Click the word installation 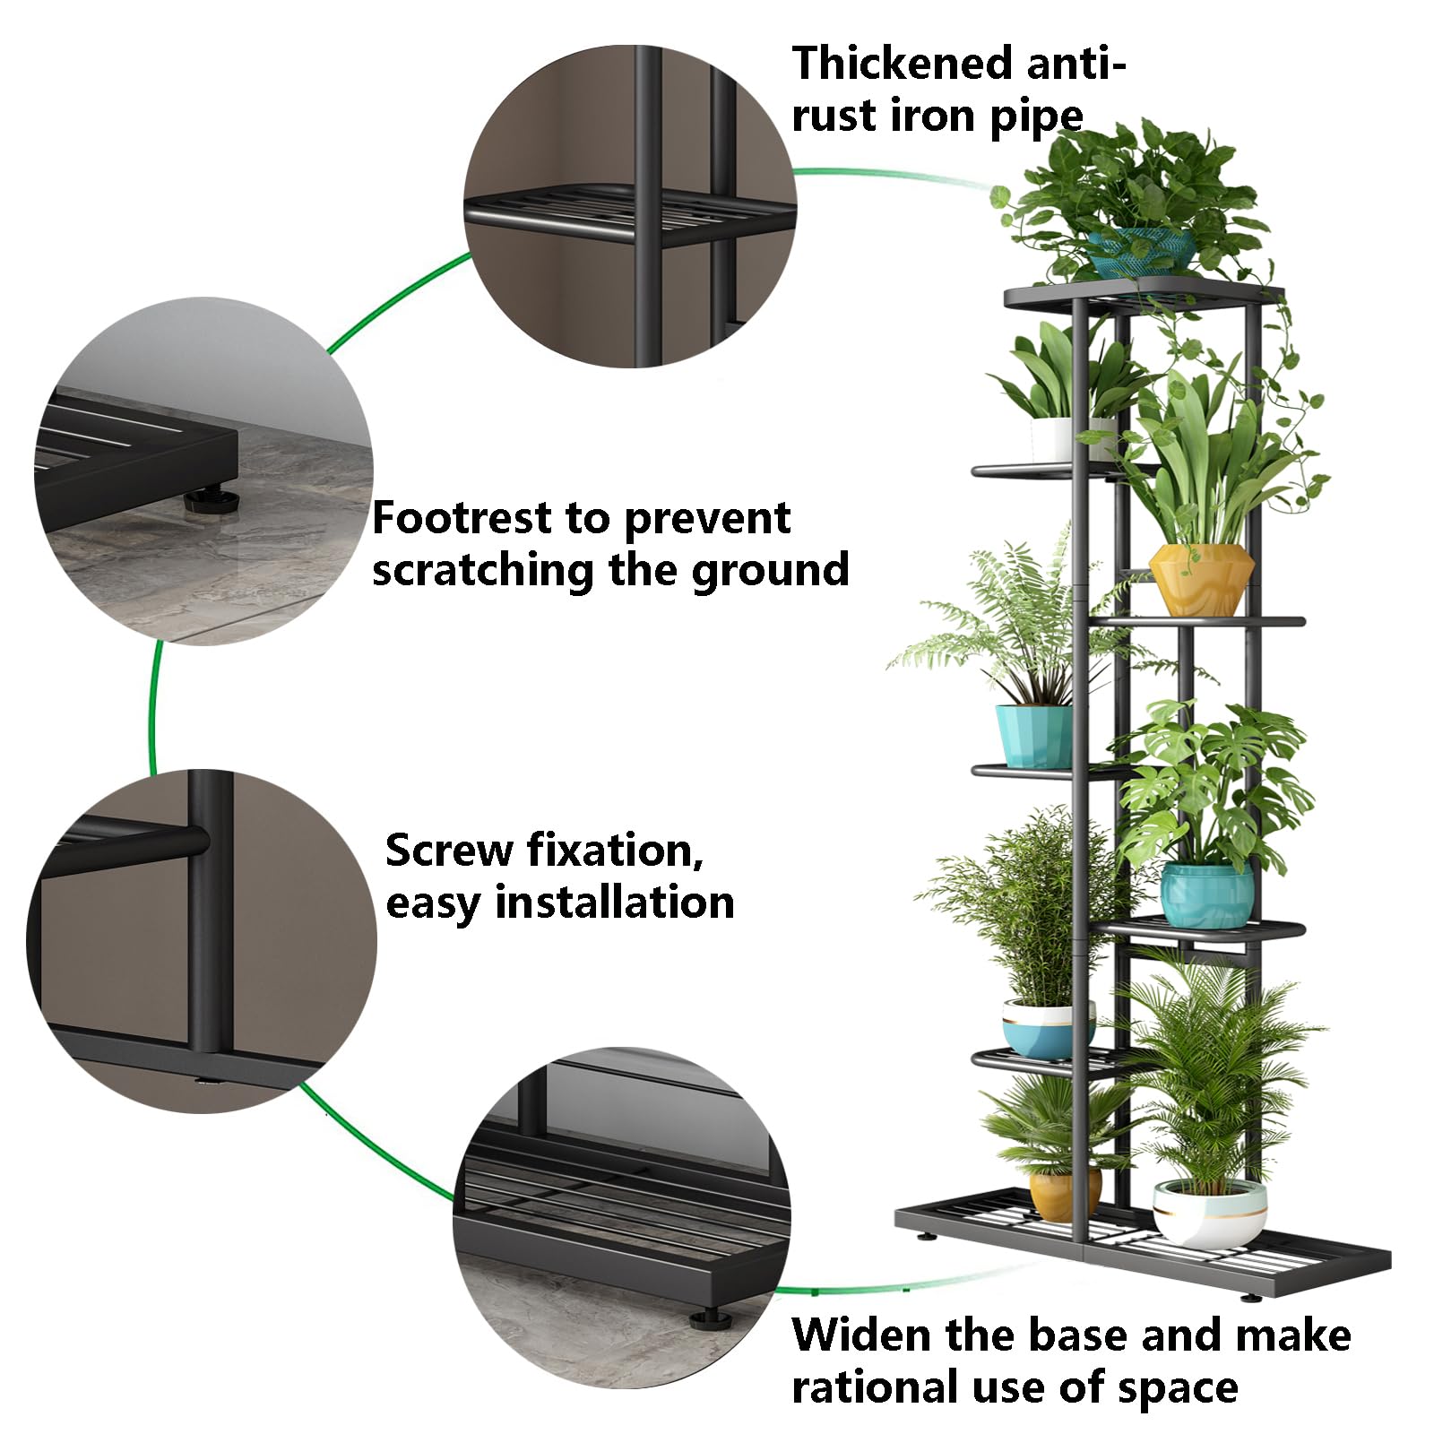(x=614, y=903)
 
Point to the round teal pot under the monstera (x=1207, y=894)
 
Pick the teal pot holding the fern (x=1033, y=735)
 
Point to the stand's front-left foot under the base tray (x=924, y=1240)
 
